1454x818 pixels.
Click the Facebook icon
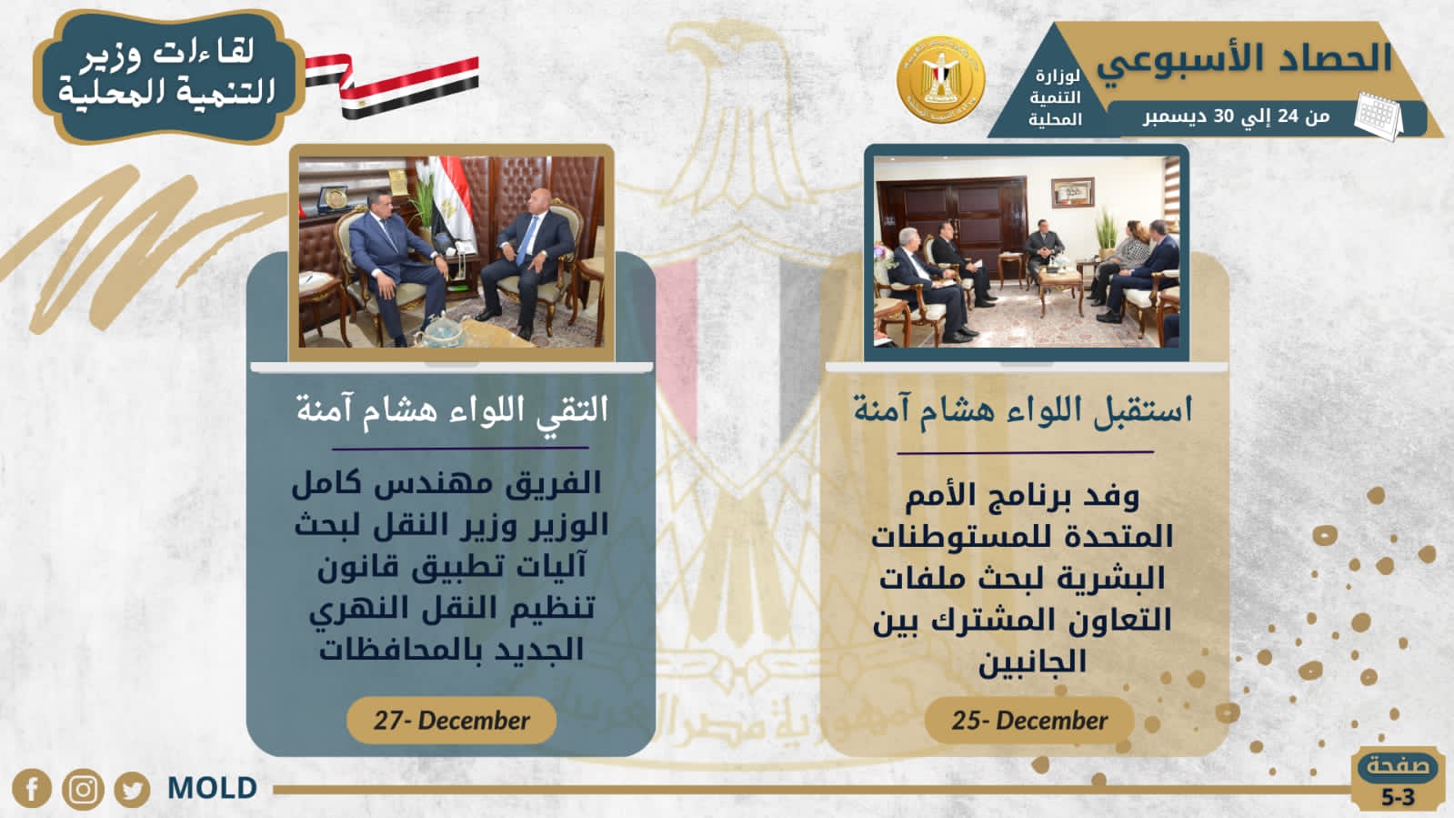coord(32,789)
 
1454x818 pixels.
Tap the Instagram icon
coord(83,790)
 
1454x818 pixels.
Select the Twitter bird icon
coord(133,790)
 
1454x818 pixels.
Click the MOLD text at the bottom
coord(212,788)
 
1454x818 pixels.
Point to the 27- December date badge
coord(452,721)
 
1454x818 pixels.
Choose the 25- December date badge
coord(1029,721)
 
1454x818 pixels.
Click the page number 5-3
coord(1397,797)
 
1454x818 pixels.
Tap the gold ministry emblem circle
coord(940,79)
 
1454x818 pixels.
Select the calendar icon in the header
coord(1379,116)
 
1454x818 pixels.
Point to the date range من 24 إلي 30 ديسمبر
coord(1237,116)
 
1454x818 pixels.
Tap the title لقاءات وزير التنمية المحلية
coord(167,72)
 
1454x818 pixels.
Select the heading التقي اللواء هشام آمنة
coord(452,410)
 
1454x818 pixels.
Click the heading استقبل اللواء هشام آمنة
coord(1023,410)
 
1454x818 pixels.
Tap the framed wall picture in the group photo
coord(1073,193)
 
